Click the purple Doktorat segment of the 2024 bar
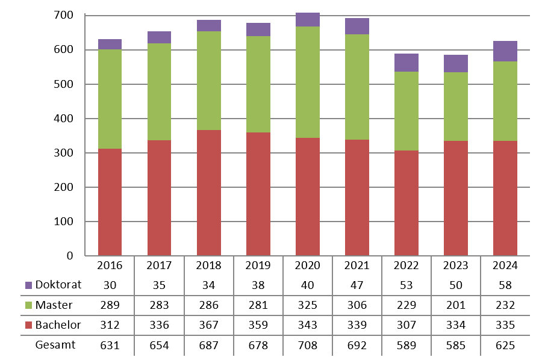505,51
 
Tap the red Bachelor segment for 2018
208,193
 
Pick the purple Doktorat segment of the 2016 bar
110,44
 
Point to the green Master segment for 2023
455,107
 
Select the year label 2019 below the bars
258,265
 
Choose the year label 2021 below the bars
357,265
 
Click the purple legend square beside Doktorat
29,285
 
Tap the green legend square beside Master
29,305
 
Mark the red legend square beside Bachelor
29,326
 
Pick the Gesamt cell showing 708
307,346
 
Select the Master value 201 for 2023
455,305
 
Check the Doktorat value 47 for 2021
357,285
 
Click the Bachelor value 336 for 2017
159,326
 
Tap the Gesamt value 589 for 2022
406,346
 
